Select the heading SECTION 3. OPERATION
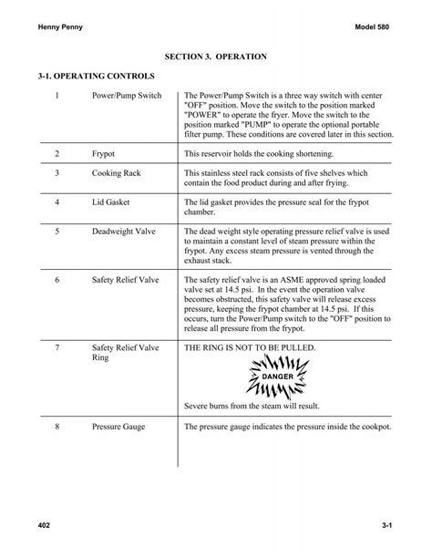(215, 57)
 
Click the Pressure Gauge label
(119, 427)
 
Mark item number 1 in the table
(57, 96)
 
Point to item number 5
(57, 232)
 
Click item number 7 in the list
(57, 348)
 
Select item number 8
(57, 427)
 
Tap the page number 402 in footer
(46, 527)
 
